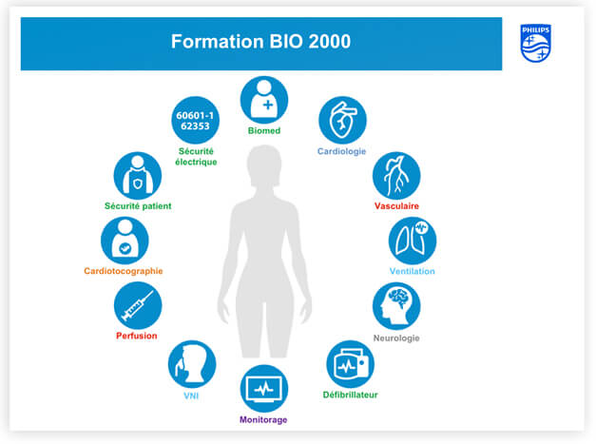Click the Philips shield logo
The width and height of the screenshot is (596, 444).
pyautogui.click(x=535, y=43)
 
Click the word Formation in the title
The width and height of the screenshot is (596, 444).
pyautogui.click(x=217, y=42)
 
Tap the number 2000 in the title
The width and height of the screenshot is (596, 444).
pyautogui.click(x=329, y=42)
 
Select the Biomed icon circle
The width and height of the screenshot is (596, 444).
pyautogui.click(x=264, y=100)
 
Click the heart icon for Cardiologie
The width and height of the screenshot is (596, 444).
pyautogui.click(x=342, y=120)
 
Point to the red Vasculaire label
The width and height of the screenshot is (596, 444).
pyautogui.click(x=396, y=206)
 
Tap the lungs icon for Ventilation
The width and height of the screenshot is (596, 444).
pyautogui.click(x=413, y=241)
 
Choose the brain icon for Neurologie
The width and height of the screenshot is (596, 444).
pyautogui.click(x=396, y=305)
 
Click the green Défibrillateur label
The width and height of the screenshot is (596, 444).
pyautogui.click(x=350, y=395)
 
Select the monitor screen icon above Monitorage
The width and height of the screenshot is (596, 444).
pyautogui.click(x=264, y=389)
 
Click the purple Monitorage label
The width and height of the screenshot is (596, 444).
pyautogui.click(x=263, y=420)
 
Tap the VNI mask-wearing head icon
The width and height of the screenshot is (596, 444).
pyautogui.click(x=192, y=364)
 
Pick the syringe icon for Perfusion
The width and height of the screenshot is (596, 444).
pyautogui.click(x=138, y=305)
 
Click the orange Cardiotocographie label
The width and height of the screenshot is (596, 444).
pyautogui.click(x=124, y=271)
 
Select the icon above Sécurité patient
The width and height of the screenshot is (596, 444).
pyautogui.click(x=138, y=176)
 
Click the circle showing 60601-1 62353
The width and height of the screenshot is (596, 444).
pyautogui.click(x=196, y=120)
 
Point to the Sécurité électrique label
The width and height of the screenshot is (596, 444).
pyautogui.click(x=196, y=157)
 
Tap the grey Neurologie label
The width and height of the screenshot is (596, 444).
pyautogui.click(x=396, y=338)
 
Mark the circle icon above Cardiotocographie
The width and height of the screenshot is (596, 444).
pyautogui.click(x=125, y=241)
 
